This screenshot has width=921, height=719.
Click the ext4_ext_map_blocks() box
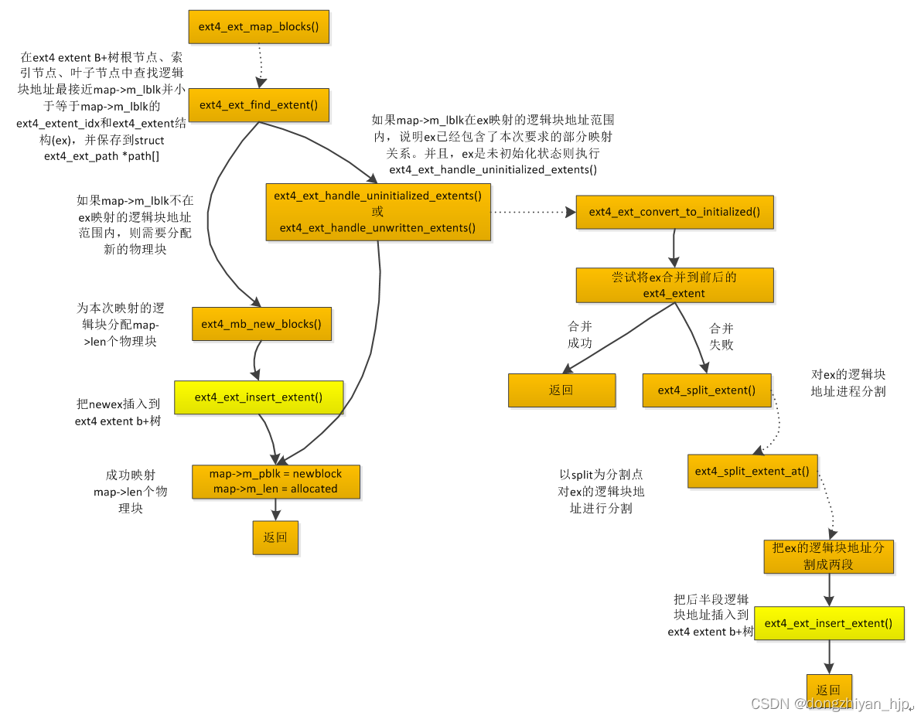point(258,27)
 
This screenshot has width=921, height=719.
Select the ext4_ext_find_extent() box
point(258,105)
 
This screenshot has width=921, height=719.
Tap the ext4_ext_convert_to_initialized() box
point(674,212)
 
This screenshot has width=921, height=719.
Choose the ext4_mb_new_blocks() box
point(261,324)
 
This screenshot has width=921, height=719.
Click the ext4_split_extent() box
point(707,390)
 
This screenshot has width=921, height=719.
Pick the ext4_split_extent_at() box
point(752,471)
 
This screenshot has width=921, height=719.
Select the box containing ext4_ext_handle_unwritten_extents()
point(377,212)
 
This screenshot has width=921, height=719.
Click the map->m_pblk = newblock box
point(275,481)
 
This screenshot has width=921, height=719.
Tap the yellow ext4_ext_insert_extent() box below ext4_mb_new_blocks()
point(258,397)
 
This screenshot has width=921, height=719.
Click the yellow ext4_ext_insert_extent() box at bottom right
point(828,623)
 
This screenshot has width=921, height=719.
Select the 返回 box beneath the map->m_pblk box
point(275,537)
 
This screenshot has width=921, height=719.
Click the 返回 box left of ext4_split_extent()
point(561,390)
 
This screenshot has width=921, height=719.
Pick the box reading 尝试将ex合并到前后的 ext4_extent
point(674,285)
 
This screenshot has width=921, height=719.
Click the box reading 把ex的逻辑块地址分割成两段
point(828,556)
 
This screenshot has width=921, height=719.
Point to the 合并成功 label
point(580,335)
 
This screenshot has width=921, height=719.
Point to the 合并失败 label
point(721,336)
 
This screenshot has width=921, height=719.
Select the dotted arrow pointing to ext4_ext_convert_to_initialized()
point(534,211)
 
